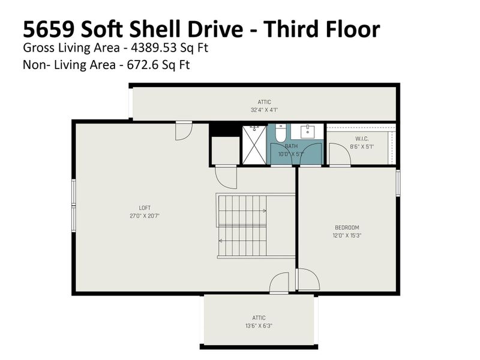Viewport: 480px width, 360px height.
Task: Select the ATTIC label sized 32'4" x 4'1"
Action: [x=264, y=103]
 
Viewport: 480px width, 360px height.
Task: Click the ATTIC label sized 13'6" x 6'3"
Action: [x=259, y=318]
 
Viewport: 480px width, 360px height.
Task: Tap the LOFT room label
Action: [x=145, y=208]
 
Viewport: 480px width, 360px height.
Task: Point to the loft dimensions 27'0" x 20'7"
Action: [x=145, y=215]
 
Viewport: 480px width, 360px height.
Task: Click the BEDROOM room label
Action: [x=346, y=227]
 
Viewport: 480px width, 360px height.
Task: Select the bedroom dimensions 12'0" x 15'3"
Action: [x=346, y=235]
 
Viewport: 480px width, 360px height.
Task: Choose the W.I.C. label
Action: [x=353, y=139]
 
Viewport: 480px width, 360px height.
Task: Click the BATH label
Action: [x=291, y=146]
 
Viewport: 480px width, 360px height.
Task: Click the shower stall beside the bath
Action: [x=254, y=144]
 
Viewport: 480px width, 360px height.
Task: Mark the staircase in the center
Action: [x=241, y=226]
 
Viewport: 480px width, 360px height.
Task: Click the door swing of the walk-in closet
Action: [x=340, y=155]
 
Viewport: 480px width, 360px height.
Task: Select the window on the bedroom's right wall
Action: [x=397, y=182]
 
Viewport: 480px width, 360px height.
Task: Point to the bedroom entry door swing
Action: [x=308, y=280]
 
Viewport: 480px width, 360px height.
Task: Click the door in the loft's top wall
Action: [x=184, y=130]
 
